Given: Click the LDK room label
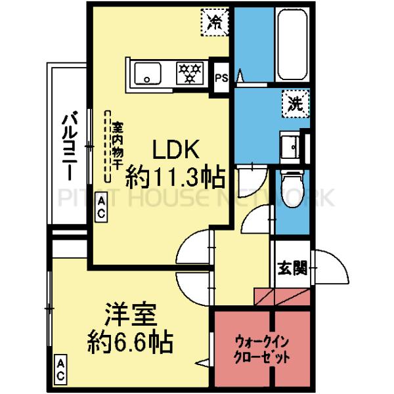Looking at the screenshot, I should point(175,150).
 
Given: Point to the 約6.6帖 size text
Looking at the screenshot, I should point(131,341).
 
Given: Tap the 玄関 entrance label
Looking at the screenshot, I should point(291,268).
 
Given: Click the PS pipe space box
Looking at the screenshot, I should point(221,76).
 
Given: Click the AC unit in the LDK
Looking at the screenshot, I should point(103,209).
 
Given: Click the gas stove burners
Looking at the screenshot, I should point(191,72).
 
